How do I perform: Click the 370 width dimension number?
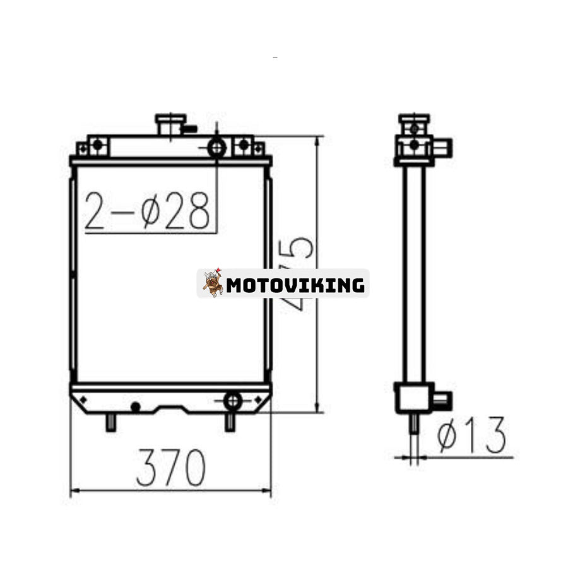171,467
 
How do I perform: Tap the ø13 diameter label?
471,435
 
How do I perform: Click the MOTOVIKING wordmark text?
295,285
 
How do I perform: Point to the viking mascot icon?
213,283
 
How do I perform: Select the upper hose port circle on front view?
217,148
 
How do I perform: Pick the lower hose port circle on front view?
232,401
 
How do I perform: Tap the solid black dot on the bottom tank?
136,407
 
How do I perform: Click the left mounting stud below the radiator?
111,422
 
